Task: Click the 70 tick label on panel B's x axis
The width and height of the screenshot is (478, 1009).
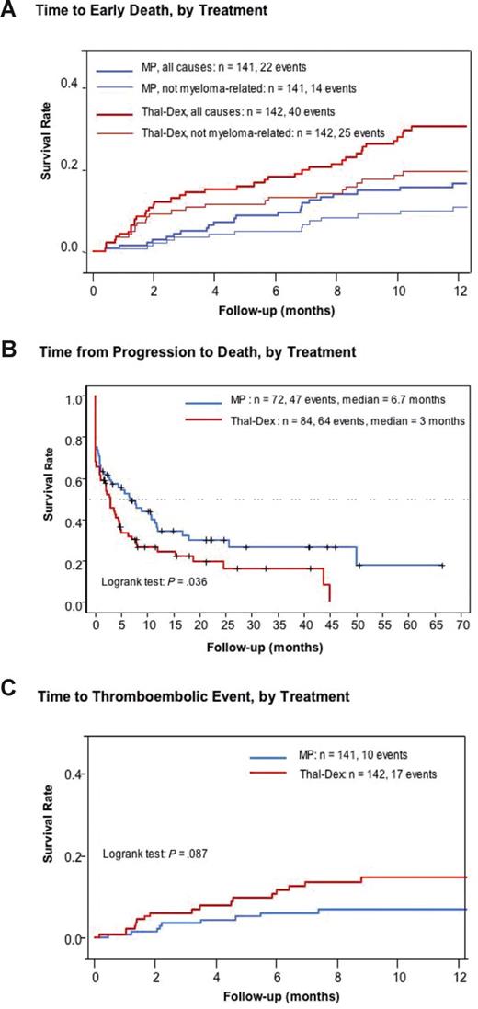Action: tap(462, 624)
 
